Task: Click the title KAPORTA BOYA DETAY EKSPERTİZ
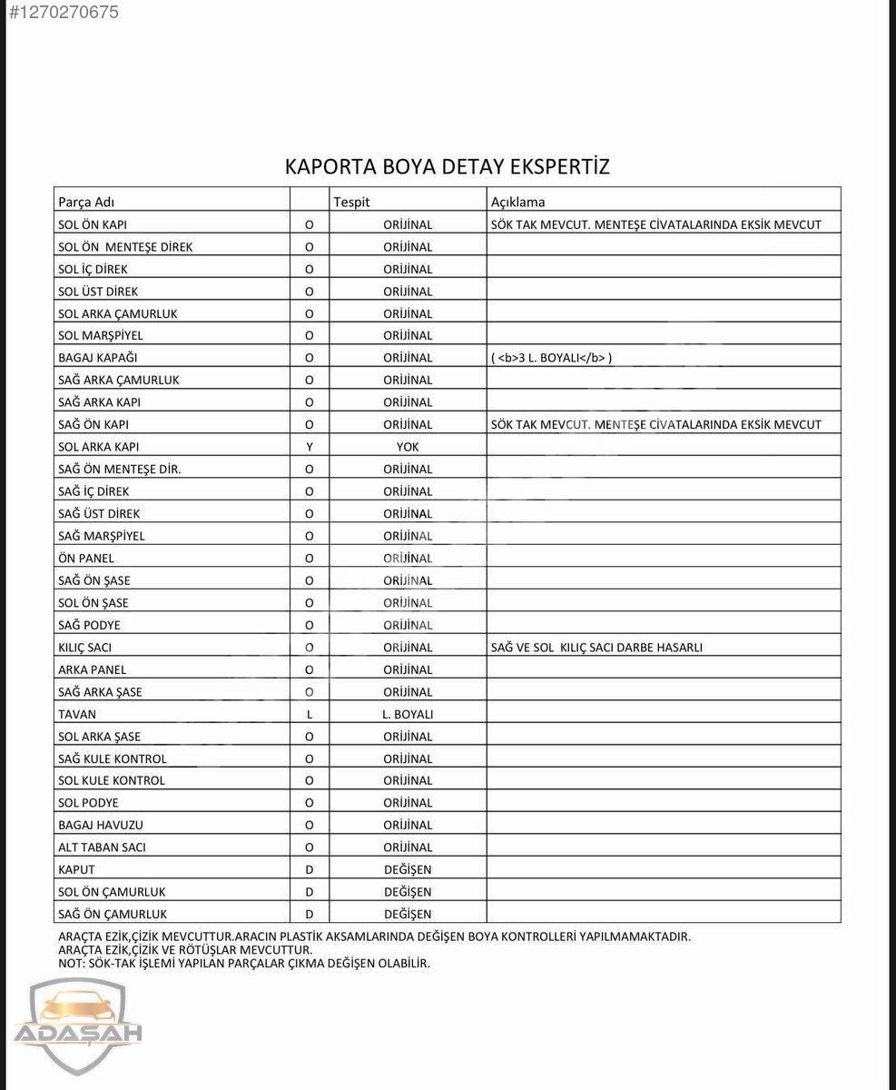[448, 167]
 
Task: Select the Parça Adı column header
[86, 202]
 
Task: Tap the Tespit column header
[351, 202]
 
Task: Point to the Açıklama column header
[517, 202]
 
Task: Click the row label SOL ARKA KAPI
[98, 447]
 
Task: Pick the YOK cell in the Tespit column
[408, 447]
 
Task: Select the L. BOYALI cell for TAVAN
[408, 714]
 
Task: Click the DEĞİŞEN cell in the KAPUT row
[408, 869]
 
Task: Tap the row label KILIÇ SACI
[84, 648]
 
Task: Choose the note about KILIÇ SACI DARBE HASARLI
[596, 648]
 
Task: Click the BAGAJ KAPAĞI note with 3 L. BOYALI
[552, 358]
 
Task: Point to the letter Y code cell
[310, 447]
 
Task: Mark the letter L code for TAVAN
[310, 714]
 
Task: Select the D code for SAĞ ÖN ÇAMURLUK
[310, 914]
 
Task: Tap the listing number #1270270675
[63, 13]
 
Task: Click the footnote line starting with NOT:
[243, 963]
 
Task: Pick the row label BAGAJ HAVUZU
[100, 825]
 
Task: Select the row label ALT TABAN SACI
[102, 847]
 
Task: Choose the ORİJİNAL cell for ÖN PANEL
[408, 559]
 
